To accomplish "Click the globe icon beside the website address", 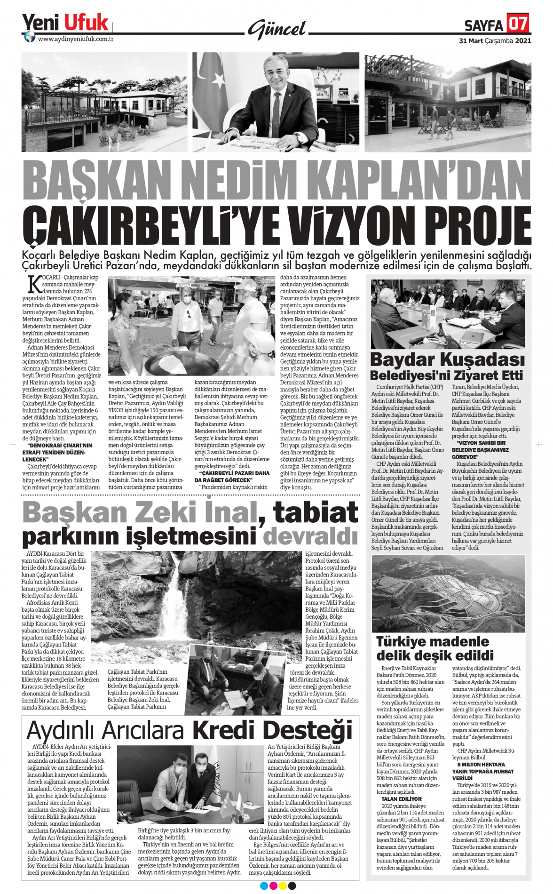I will point(30,37).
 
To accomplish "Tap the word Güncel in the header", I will point(277,29).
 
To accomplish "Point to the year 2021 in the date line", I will point(523,41).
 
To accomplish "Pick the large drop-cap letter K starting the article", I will point(34,284).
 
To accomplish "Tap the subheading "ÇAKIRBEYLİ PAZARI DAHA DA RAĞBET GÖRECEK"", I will point(232,476).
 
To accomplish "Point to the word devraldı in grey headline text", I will point(310,536).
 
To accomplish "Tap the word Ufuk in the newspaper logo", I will point(86,23).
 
